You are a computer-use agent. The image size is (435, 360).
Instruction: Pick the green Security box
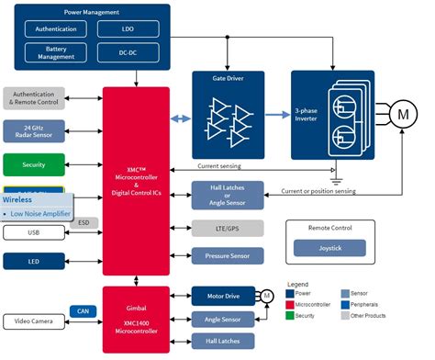coord(34,165)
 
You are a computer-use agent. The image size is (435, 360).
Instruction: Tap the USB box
coord(34,233)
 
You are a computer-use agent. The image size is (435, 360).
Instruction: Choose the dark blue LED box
coord(34,261)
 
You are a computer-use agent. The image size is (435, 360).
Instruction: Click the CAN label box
coord(81,311)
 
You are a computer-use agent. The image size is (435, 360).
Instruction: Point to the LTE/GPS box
coord(227,227)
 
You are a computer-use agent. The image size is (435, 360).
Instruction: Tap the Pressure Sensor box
coord(227,256)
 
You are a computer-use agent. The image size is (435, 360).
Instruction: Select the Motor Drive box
coord(220,296)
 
